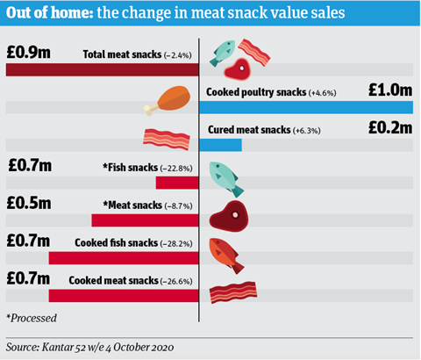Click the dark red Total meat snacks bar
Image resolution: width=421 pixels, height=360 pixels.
point(103,69)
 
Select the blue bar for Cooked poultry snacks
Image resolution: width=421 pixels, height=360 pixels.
point(306,107)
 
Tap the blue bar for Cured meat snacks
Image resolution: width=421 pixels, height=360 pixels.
point(221,145)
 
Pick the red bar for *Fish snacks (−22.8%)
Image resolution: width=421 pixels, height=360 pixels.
point(177,183)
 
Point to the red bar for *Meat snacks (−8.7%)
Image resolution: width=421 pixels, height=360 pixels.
point(145,220)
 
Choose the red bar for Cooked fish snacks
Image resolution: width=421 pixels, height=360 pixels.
point(124,258)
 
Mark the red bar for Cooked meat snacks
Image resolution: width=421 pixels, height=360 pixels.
point(124,296)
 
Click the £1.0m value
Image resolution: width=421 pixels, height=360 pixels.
point(390,90)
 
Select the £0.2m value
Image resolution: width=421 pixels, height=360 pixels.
point(390,127)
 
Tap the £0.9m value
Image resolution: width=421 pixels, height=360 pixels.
point(28,53)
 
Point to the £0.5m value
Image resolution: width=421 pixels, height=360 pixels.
point(29,203)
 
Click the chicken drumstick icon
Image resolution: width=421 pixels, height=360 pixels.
point(168,100)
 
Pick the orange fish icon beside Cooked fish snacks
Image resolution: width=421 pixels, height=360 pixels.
point(226,256)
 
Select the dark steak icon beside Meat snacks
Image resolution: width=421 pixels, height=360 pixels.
point(229,216)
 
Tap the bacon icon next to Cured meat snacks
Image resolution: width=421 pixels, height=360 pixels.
point(167,139)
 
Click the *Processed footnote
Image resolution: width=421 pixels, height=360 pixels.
point(32,318)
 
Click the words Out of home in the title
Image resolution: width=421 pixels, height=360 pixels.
point(50,13)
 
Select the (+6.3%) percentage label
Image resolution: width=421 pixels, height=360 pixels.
point(307,131)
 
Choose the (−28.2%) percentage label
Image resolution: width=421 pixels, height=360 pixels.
point(176,244)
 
